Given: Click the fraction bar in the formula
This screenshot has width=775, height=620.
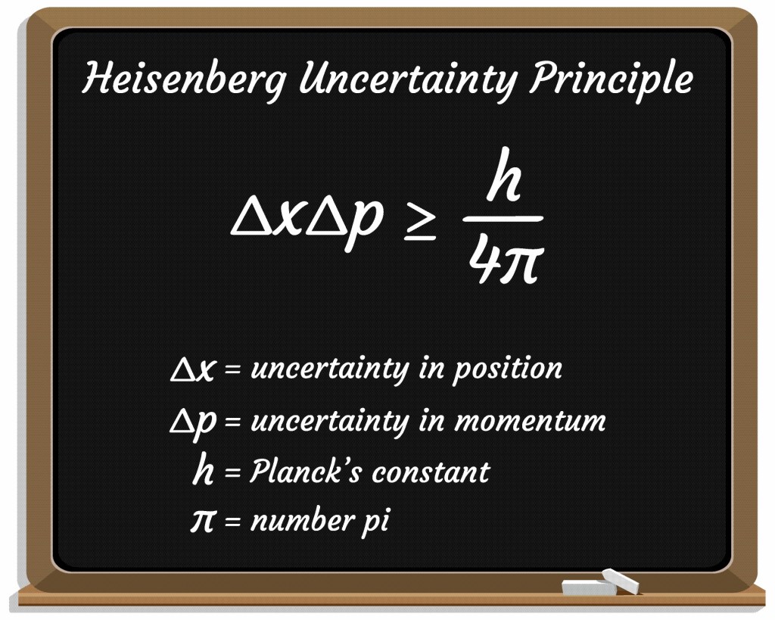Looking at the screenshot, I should click(503, 220).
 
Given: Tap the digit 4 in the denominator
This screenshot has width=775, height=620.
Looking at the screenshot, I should click(481, 260).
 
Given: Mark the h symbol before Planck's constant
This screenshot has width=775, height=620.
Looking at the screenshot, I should click(204, 471).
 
